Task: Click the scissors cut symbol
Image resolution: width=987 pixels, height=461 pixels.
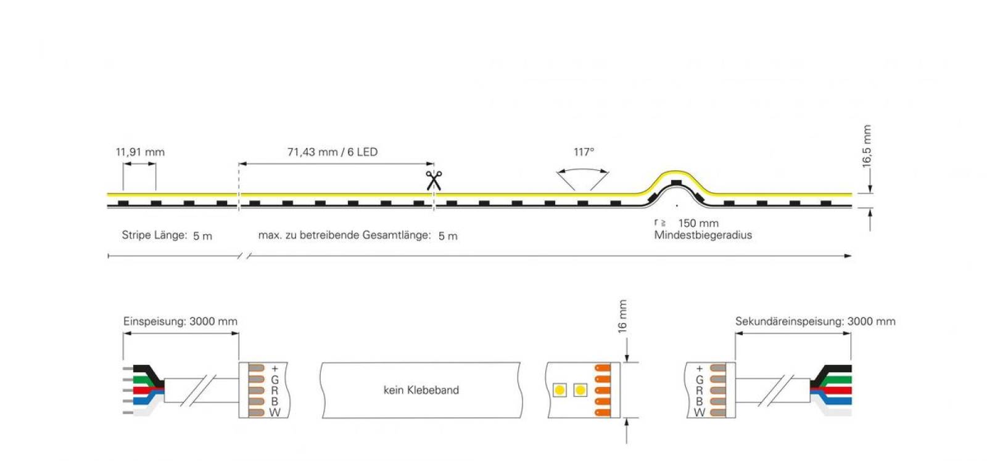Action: [434, 181]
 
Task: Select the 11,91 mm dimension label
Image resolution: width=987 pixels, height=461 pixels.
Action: [140, 152]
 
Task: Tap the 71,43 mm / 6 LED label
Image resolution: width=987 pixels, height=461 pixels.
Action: [332, 152]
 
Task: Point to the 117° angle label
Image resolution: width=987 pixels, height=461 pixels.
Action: [584, 152]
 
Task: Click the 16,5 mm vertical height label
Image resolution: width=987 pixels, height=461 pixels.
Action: [867, 146]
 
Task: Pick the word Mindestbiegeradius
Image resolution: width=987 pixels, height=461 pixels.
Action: [703, 235]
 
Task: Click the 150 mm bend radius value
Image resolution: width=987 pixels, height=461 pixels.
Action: [698, 223]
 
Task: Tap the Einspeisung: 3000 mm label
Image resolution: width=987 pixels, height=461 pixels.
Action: [180, 322]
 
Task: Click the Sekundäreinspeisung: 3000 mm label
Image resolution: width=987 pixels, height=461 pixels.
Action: [815, 322]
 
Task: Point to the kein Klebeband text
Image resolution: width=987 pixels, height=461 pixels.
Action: [421, 390]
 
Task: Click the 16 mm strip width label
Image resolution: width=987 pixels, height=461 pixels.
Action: [622, 317]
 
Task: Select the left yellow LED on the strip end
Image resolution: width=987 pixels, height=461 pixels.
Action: [560, 390]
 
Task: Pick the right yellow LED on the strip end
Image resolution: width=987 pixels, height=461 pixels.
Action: [580, 390]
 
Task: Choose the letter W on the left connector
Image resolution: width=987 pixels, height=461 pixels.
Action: [275, 412]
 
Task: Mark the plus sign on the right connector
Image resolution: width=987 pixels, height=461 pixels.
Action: [700, 368]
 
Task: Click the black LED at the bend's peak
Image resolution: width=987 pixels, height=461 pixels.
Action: [676, 182]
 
